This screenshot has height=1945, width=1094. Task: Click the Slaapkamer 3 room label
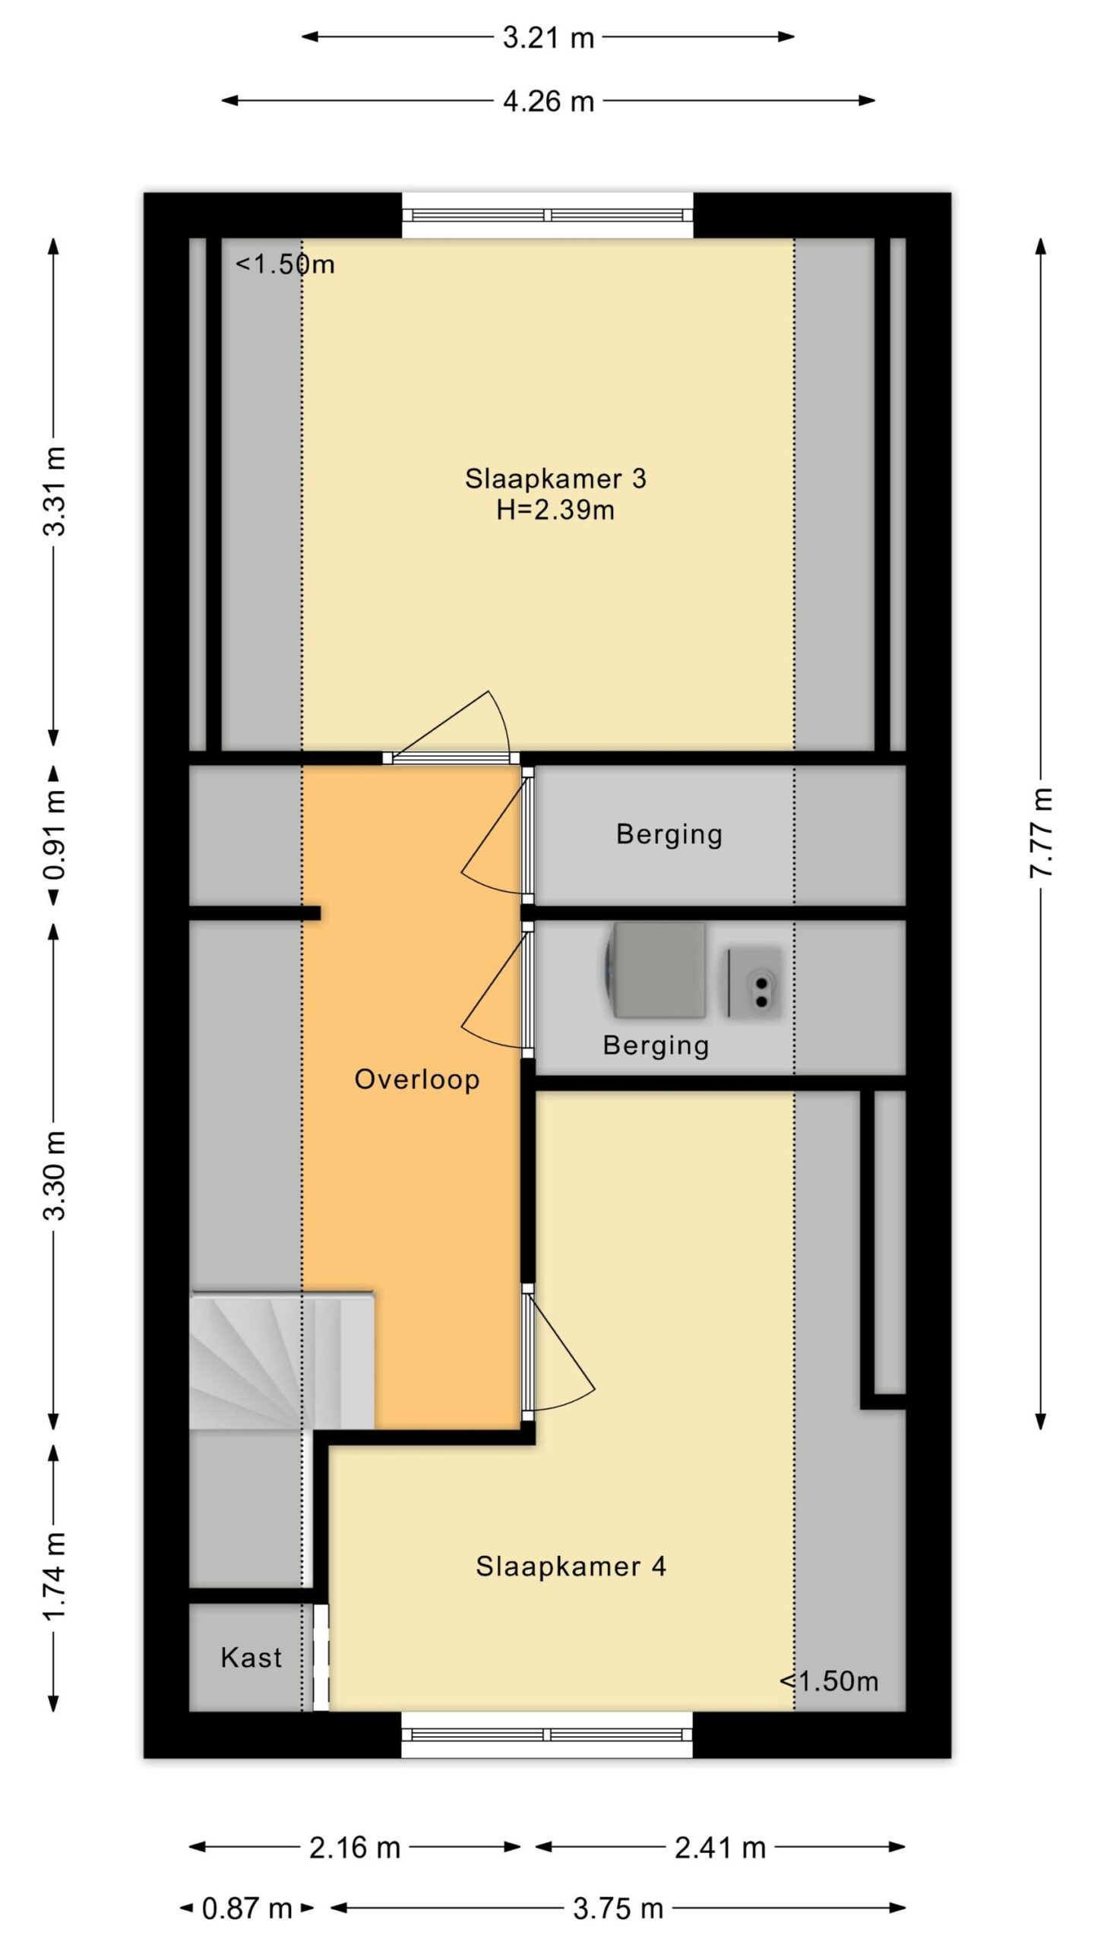pyautogui.click(x=555, y=479)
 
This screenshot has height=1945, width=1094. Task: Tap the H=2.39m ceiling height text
pyautogui.click(x=555, y=510)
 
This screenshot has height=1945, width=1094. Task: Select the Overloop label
pyautogui.click(x=417, y=1080)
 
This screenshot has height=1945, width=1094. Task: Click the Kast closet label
pyautogui.click(x=251, y=1658)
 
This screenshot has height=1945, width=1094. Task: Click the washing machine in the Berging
pyautogui.click(x=655, y=970)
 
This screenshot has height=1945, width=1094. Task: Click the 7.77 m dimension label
pyautogui.click(x=1042, y=833)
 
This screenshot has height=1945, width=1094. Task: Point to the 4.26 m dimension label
pyautogui.click(x=549, y=101)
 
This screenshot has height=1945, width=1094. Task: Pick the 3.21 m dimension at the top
pyautogui.click(x=549, y=37)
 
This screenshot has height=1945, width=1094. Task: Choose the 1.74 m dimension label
pyautogui.click(x=54, y=1577)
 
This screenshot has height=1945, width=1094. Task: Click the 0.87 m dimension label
pyautogui.click(x=247, y=1908)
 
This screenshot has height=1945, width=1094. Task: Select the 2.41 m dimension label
pyautogui.click(x=720, y=1847)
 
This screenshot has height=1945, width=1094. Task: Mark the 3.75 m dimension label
pyautogui.click(x=618, y=1908)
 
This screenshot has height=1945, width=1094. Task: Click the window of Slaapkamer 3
pyautogui.click(x=548, y=215)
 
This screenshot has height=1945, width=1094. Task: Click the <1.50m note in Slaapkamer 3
pyautogui.click(x=285, y=264)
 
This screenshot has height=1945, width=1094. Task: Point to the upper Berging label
pyautogui.click(x=669, y=834)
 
